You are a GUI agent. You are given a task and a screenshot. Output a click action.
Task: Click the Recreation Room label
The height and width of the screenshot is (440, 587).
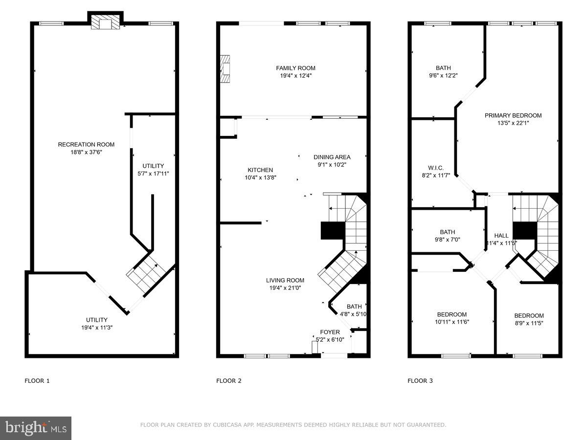(x=86, y=144)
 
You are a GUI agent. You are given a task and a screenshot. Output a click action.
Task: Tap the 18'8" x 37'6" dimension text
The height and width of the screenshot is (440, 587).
(x=86, y=152)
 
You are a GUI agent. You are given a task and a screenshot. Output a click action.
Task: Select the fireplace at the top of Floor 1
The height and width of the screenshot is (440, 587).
(x=105, y=22)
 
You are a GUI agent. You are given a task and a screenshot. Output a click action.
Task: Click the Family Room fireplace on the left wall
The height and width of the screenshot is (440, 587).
(x=225, y=70)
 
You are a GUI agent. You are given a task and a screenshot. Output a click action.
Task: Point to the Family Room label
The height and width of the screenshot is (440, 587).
(x=295, y=68)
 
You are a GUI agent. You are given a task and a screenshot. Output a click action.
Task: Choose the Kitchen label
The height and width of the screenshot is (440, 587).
(x=260, y=170)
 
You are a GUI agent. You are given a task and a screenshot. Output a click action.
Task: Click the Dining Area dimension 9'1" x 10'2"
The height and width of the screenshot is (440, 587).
(x=332, y=165)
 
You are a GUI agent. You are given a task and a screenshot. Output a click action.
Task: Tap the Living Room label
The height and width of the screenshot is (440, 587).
(x=285, y=280)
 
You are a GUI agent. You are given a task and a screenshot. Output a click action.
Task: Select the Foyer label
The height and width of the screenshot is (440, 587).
(x=330, y=332)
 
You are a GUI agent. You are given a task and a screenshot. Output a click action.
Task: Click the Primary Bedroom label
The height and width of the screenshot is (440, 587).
(x=513, y=115)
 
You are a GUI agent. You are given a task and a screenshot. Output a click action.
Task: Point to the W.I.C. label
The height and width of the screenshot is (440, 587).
(x=435, y=168)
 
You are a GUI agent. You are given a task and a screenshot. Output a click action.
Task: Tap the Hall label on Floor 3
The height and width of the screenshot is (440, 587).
(x=501, y=235)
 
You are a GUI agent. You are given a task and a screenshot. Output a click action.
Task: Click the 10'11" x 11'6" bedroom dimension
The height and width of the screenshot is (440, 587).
(x=452, y=322)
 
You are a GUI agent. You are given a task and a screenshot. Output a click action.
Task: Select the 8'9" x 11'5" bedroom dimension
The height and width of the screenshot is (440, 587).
(x=529, y=323)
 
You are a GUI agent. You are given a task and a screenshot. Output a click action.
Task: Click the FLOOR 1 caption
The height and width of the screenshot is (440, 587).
(x=37, y=381)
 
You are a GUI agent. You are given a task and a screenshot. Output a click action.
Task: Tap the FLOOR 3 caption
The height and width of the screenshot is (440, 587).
(x=420, y=381)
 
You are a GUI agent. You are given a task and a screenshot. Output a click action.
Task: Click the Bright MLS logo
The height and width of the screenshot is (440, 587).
(x=36, y=428)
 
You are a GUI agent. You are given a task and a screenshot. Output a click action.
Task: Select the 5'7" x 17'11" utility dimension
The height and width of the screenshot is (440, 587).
(x=153, y=174)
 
